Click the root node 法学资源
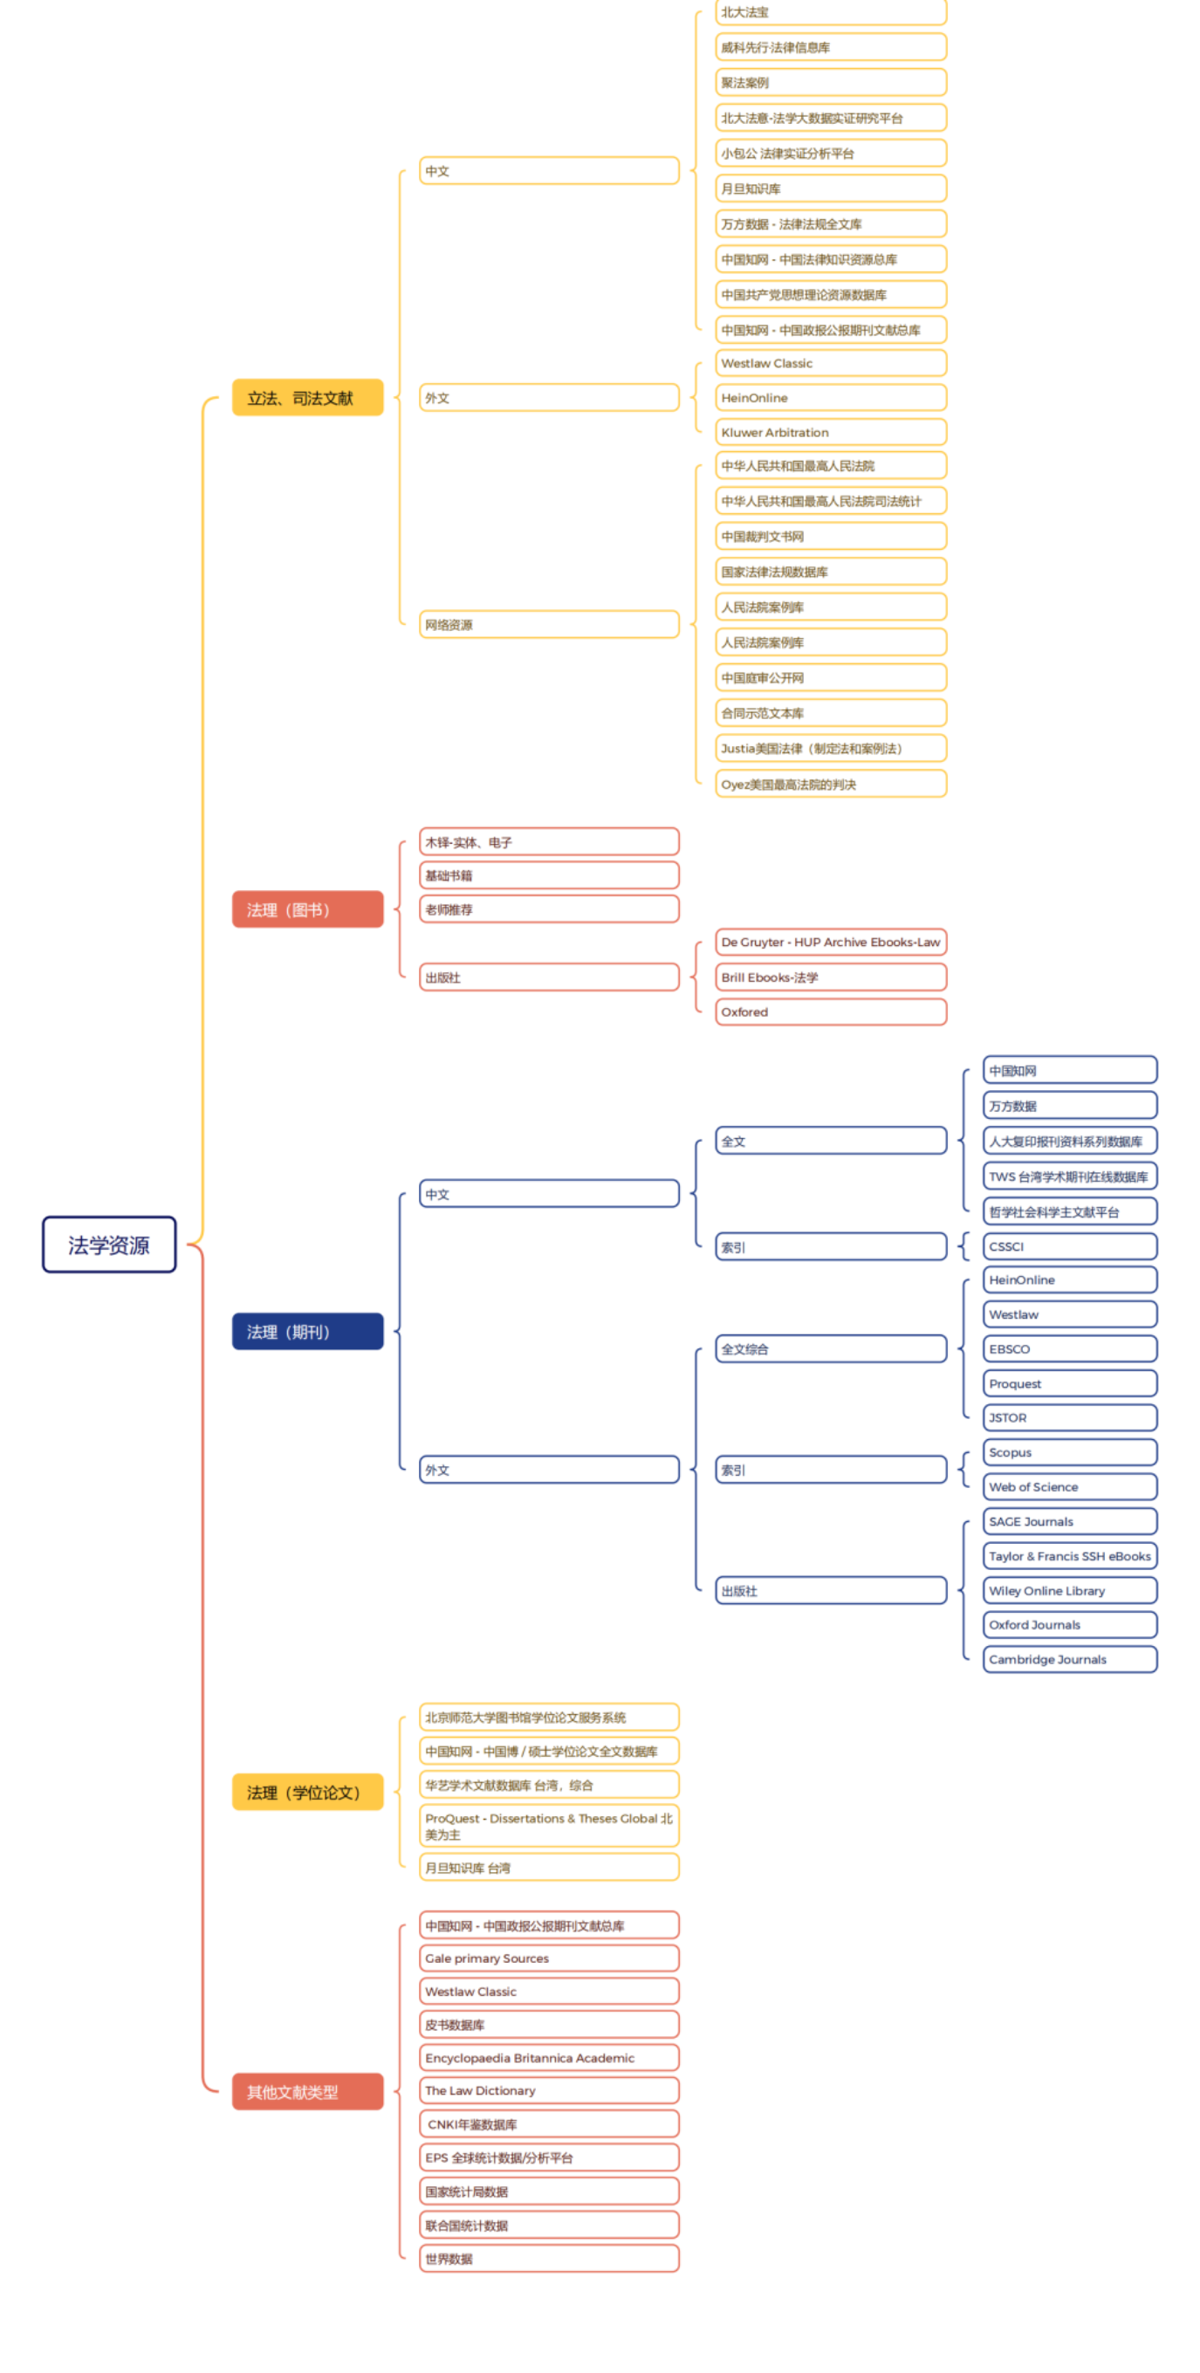(109, 1245)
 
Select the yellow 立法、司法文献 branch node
(306, 397)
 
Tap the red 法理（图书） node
(306, 909)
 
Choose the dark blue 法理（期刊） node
(306, 1331)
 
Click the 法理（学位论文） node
(306, 1792)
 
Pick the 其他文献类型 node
(306, 2091)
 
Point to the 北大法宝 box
(830, 12)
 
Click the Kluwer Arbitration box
(830, 432)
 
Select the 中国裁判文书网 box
(830, 536)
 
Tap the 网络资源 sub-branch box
(549, 624)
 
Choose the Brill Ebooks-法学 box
(830, 977)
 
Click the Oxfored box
(830, 1012)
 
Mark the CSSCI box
(1069, 1246)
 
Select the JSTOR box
(1069, 1417)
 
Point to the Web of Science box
(1069, 1487)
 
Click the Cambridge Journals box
(1069, 1659)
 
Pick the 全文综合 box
(830, 1348)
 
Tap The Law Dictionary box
(549, 2090)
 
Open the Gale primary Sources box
(549, 1958)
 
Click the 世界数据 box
(549, 2258)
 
